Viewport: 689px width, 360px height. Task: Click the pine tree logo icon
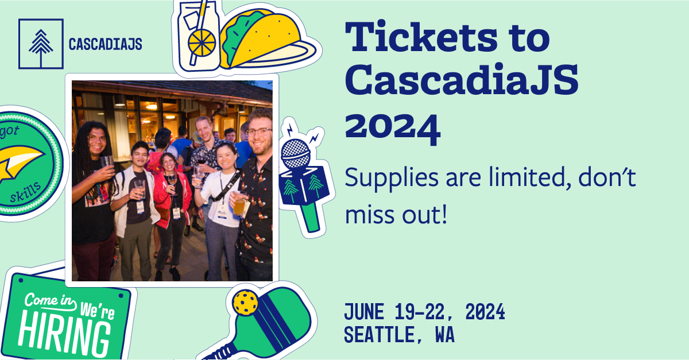pyautogui.click(x=40, y=44)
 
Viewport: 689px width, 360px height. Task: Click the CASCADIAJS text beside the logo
pyautogui.click(x=105, y=44)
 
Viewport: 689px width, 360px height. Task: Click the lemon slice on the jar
pyautogui.click(x=203, y=42)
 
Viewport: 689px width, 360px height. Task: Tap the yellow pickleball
pyautogui.click(x=246, y=303)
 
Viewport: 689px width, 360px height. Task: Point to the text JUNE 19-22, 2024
pyautogui.click(x=424, y=312)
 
